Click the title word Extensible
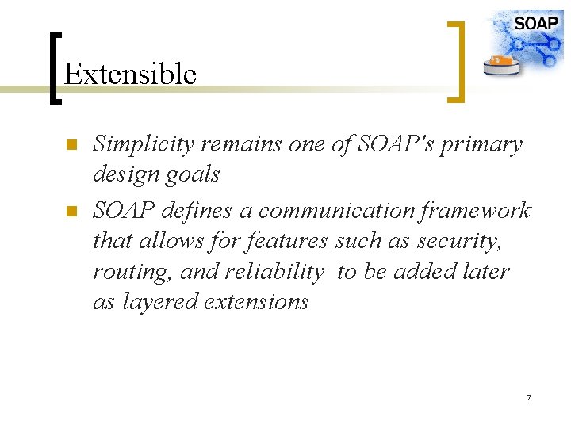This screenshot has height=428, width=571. click(x=130, y=74)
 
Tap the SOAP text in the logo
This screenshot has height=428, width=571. click(x=535, y=23)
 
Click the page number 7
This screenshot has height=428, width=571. click(x=528, y=396)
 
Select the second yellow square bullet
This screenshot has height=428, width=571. click(x=70, y=211)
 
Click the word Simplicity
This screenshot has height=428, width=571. click(x=144, y=145)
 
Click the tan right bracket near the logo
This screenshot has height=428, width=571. click(x=458, y=61)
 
